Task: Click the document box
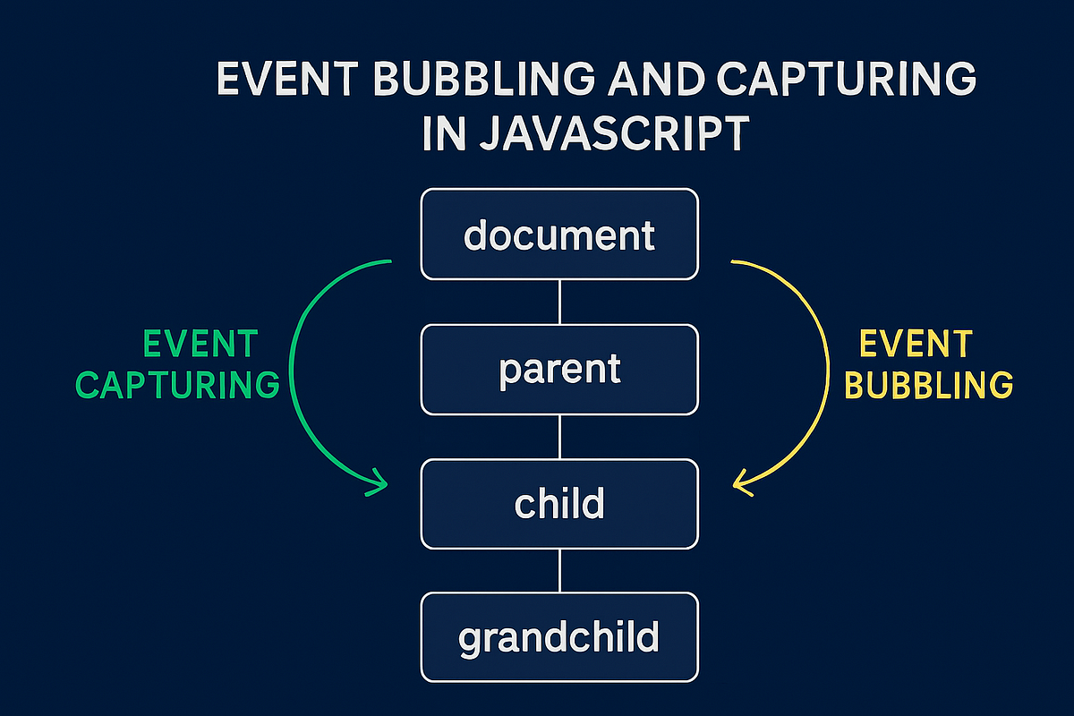[x=559, y=234]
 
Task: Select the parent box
[x=559, y=370]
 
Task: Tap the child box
[x=559, y=504]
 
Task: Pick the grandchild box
[x=559, y=637]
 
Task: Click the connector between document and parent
[x=559, y=302]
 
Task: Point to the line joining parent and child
[x=559, y=437]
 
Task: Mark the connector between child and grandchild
[x=559, y=570]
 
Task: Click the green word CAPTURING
[x=177, y=385]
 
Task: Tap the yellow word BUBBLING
[x=929, y=385]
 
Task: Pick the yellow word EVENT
[x=915, y=344]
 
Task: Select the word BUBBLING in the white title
[x=458, y=81]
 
